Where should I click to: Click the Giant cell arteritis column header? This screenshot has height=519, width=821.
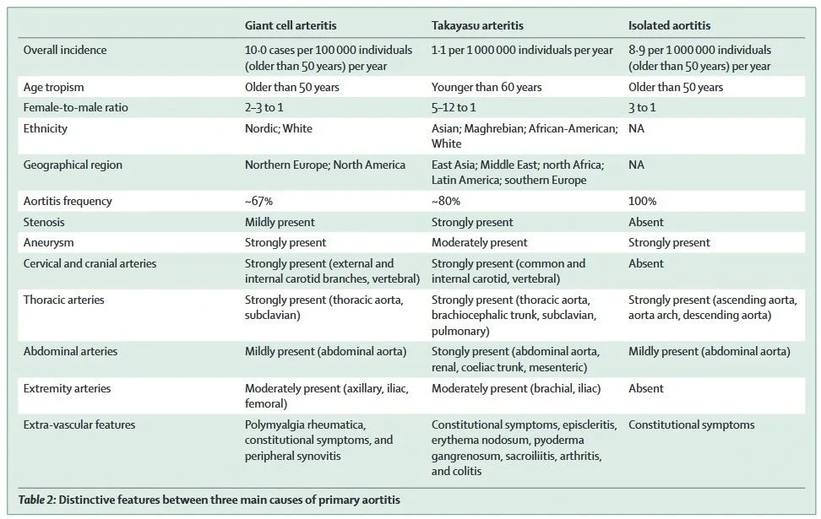(291, 25)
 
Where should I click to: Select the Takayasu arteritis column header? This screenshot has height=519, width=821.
(477, 25)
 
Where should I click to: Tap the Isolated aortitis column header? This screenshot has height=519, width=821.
(669, 25)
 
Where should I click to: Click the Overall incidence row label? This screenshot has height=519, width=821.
(65, 50)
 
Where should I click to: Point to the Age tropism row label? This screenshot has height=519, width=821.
(53, 87)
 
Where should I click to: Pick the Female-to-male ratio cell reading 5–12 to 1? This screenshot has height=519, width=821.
(454, 107)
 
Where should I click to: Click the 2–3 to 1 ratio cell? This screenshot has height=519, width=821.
(264, 107)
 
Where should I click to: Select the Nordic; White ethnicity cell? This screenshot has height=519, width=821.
(279, 128)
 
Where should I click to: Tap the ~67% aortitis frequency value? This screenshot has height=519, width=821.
(258, 201)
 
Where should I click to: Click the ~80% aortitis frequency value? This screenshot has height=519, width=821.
(446, 201)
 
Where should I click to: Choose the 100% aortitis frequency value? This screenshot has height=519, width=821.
(642, 201)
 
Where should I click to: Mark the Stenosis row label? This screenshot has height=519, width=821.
(44, 222)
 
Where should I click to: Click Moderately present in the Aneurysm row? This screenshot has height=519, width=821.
(479, 242)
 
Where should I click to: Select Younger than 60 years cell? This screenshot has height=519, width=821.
(487, 87)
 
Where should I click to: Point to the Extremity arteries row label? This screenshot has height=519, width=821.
(67, 388)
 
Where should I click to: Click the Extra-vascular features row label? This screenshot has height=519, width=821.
(79, 424)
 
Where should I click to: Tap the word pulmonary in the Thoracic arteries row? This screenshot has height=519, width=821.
(460, 331)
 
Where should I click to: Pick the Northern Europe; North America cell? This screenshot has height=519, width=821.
(325, 165)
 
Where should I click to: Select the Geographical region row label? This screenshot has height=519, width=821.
(73, 165)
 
